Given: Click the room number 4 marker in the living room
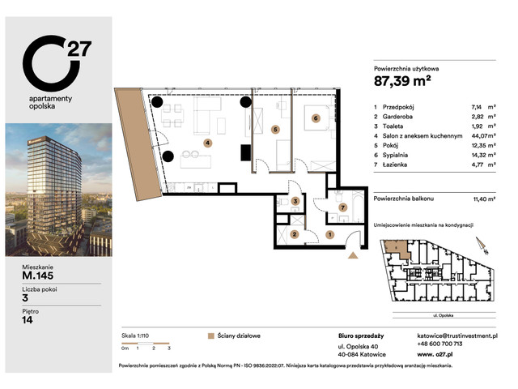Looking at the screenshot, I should [x=207, y=143].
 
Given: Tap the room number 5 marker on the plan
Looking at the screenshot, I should [x=275, y=129].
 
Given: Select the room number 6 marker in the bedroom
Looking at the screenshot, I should [x=316, y=118].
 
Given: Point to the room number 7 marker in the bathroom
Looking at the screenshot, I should [x=342, y=208].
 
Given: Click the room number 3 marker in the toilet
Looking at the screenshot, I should [x=295, y=201].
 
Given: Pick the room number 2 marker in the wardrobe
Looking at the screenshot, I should [x=294, y=234].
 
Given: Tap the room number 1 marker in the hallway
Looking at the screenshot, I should [x=329, y=234].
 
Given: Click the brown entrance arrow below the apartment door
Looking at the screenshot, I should [x=353, y=255].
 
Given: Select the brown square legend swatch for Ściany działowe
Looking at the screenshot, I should [x=210, y=333].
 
